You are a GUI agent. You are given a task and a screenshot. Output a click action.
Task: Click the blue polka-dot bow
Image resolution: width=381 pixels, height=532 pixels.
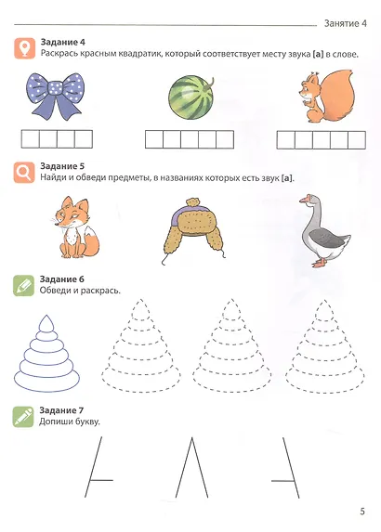coord(55,96)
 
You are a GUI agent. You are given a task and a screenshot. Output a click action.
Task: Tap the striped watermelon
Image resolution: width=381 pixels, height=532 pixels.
coord(190,97)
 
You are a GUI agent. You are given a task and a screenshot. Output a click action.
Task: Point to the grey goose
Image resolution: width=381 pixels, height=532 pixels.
coord(323,230)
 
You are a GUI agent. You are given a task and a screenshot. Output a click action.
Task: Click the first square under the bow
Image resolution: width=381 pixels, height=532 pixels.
coord(31,139)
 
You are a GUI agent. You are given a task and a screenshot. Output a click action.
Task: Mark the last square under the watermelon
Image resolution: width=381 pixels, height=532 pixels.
coord(225,139)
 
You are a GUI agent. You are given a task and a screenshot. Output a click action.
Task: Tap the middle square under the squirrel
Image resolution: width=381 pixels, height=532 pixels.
coord(322,140)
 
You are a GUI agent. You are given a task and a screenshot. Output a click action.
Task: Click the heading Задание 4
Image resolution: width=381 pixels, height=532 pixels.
coord(63,42)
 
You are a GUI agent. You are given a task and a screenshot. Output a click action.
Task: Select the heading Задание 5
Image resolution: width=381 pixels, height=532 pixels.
coord(62,166)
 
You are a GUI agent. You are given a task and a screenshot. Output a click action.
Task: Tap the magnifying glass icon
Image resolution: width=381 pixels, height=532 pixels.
coord(24,173)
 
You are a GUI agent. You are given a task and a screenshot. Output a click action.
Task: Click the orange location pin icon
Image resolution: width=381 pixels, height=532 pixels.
coord(25,48)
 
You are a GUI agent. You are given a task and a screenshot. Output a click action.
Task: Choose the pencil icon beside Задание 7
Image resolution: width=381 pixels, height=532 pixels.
coord(23,417)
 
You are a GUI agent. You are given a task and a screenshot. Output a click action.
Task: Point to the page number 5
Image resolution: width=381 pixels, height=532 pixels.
coord(362,512)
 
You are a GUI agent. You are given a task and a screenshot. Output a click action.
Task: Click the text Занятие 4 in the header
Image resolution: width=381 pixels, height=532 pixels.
coord(346,23)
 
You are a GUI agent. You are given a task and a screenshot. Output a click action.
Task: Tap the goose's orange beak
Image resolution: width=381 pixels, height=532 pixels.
coord(302,200)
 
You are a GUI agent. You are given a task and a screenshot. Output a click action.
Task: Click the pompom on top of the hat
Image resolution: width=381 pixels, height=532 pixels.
coord(192,202)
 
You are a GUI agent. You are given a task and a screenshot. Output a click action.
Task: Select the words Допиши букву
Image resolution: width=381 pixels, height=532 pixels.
coord(70,422)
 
